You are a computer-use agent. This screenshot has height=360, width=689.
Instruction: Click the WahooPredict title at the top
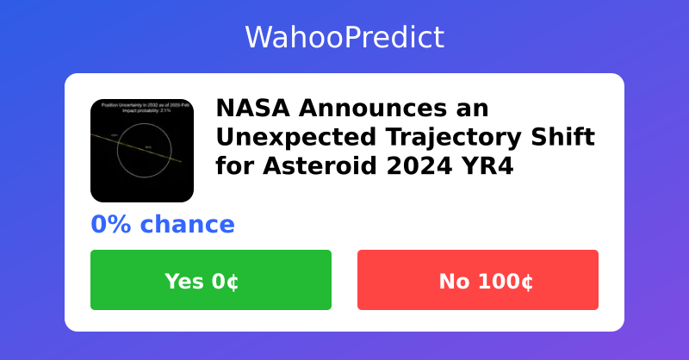tap(344, 37)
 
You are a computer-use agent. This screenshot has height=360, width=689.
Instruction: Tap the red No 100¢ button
tap(478, 280)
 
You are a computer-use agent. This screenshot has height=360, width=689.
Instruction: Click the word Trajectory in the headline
tap(449, 137)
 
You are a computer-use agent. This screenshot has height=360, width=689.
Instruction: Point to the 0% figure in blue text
tap(111, 225)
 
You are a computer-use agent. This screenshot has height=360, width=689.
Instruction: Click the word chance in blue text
tap(188, 225)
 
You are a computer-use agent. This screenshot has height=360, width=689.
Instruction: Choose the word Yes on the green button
tap(183, 281)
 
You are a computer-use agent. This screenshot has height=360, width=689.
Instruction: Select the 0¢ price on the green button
tap(226, 281)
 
